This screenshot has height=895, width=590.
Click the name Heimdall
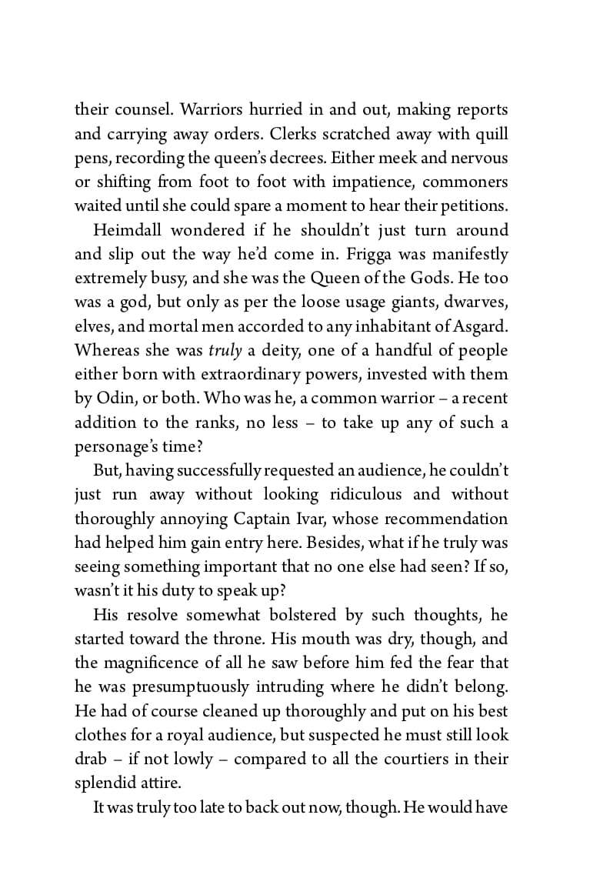128,230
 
